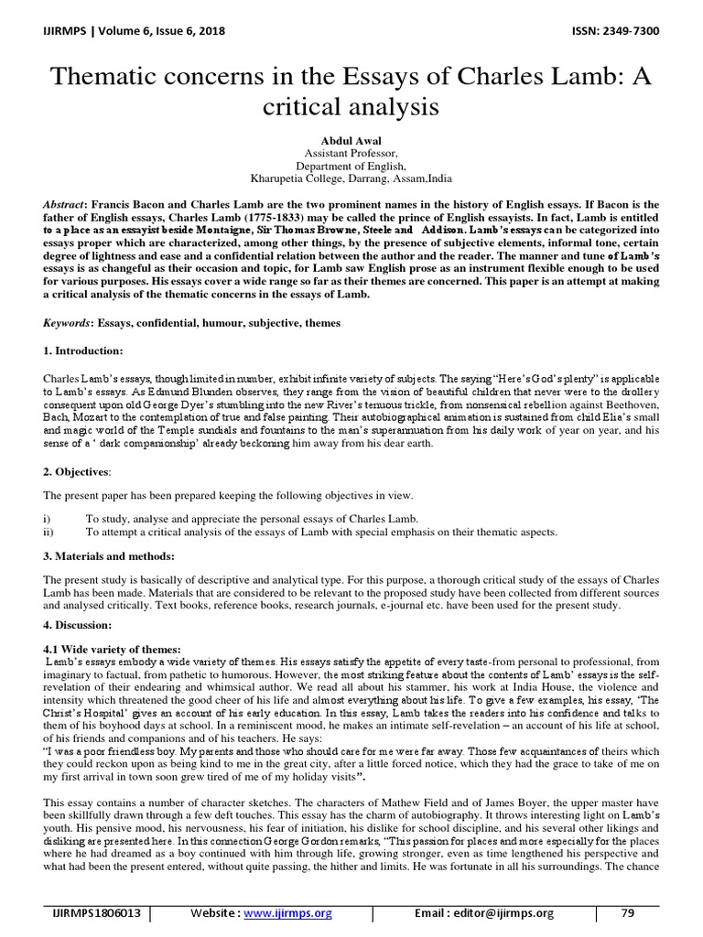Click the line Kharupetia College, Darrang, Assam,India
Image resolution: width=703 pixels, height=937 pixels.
point(351,179)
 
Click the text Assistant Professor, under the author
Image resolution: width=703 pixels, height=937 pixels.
point(351,154)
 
